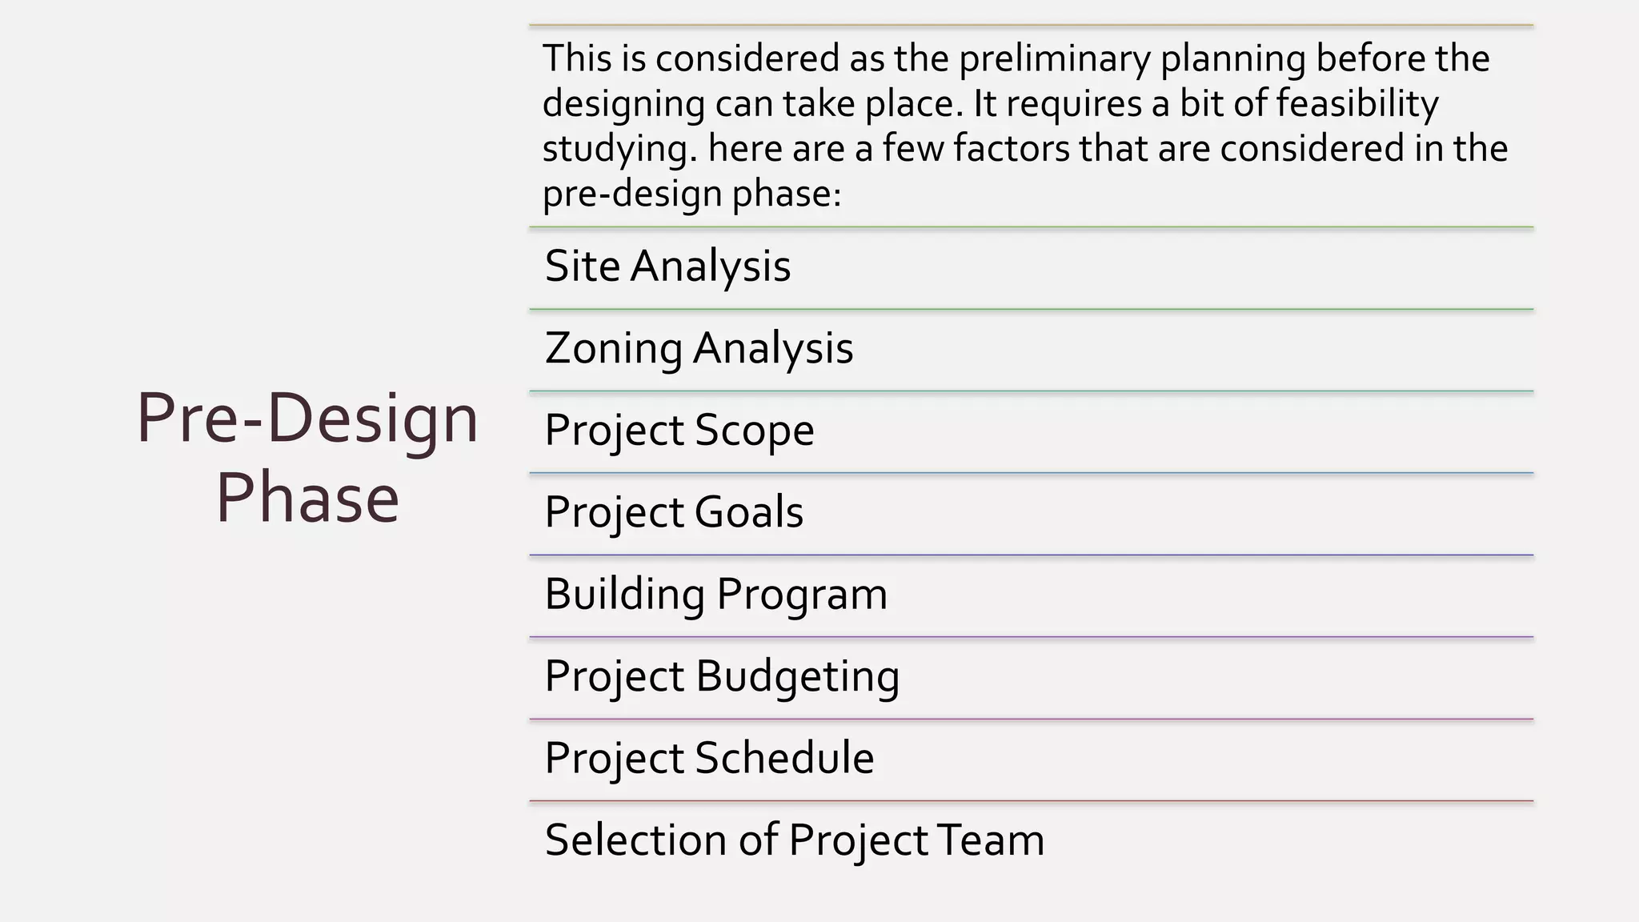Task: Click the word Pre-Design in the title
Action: (307, 419)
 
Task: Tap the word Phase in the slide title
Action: (307, 499)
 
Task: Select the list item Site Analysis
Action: (667, 267)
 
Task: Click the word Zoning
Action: (613, 349)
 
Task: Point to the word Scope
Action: (755, 431)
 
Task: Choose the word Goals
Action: (749, 512)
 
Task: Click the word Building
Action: (624, 595)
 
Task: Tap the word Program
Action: (802, 595)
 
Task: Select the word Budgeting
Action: (798, 677)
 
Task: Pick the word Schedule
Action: (784, 759)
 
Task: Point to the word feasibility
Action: (1357, 104)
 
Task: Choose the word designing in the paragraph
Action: (623, 104)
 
